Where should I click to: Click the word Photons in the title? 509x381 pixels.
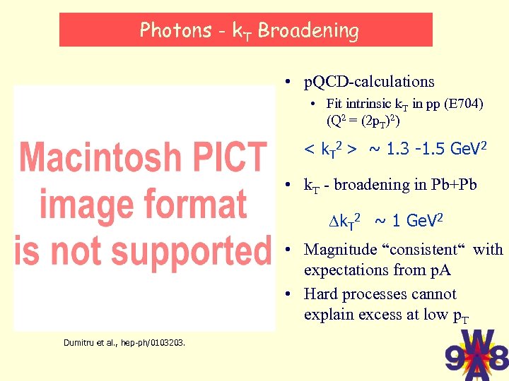175,30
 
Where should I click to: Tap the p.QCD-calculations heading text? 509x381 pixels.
368,82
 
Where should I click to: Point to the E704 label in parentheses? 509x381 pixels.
463,104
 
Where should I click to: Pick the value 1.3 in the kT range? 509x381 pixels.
397,149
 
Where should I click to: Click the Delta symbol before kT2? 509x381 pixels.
334,222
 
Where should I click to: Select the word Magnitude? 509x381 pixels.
340,250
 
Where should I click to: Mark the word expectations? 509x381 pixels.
346,270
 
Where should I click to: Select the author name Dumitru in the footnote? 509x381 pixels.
80,343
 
